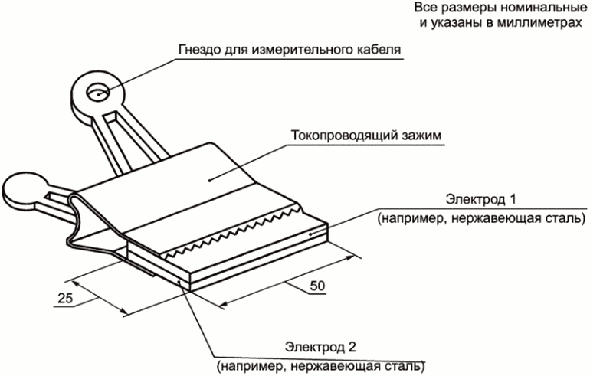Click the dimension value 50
pyautogui.click(x=317, y=286)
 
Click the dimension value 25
pyautogui.click(x=65, y=298)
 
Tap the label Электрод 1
pyautogui.click(x=480, y=199)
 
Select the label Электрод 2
pyautogui.click(x=320, y=347)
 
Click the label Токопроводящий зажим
pyautogui.click(x=366, y=135)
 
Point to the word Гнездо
pyautogui.click(x=199, y=49)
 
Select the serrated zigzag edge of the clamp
pyautogui.click(x=234, y=230)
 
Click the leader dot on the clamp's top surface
pyautogui.click(x=210, y=181)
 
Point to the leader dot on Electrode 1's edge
pyautogui.click(x=310, y=234)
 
